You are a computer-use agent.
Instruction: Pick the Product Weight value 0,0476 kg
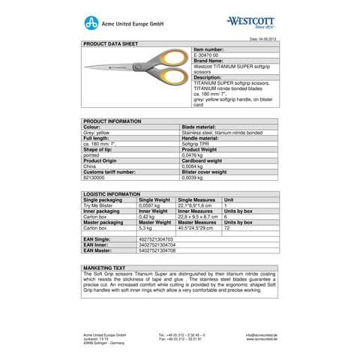coord(195,154)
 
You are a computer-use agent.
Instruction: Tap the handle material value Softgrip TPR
coord(197,143)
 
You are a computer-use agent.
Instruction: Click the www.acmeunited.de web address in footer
coord(262,339)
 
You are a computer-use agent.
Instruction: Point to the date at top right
coord(263,38)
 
